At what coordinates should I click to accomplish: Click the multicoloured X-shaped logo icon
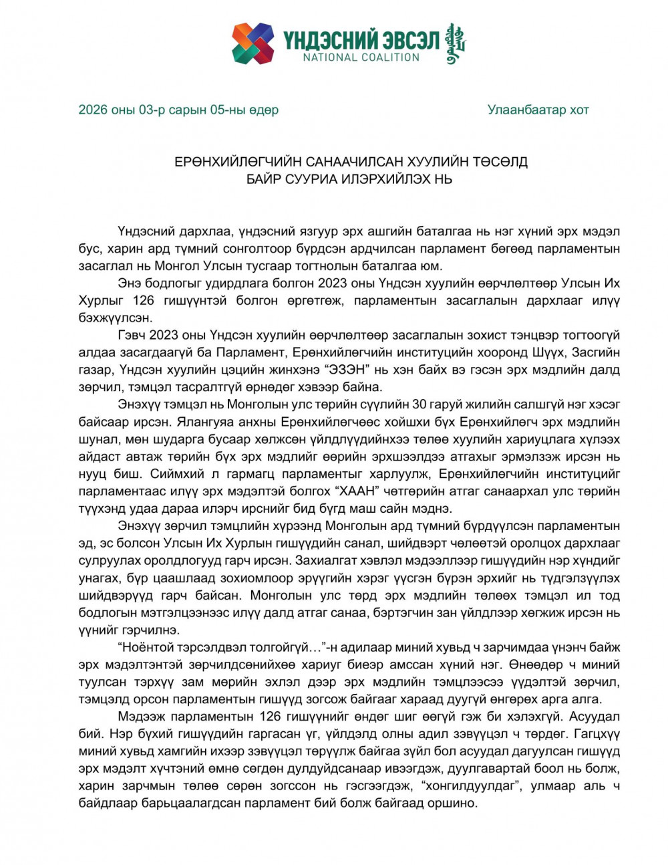[x=253, y=43]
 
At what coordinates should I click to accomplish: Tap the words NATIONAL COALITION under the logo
[x=361, y=57]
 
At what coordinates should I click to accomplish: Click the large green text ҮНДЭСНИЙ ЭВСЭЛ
[x=361, y=39]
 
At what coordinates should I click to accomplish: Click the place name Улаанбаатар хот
[x=538, y=110]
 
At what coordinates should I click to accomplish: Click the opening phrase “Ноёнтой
[x=146, y=647]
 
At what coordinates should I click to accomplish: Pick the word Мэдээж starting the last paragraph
[x=140, y=717]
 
